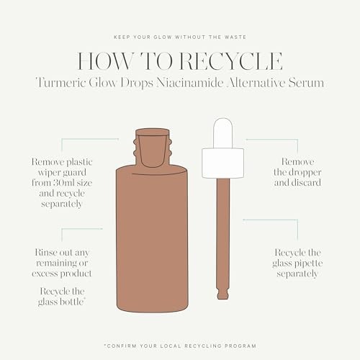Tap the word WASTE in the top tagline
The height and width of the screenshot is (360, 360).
(x=229, y=37)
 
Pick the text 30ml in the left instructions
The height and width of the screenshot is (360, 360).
(x=80, y=183)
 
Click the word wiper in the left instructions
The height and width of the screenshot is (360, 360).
(x=49, y=173)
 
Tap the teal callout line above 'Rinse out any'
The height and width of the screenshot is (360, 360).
(x=81, y=230)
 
